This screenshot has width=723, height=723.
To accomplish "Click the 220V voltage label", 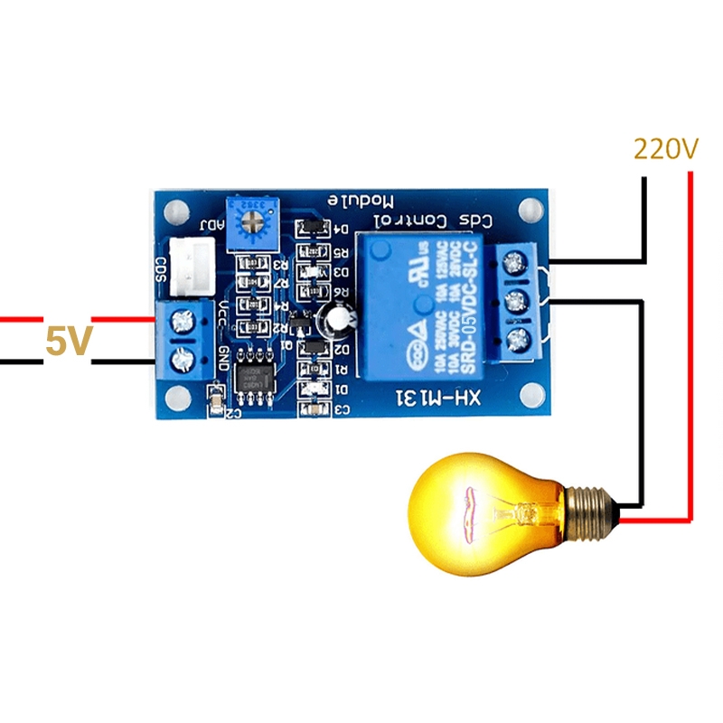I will tap(666, 148).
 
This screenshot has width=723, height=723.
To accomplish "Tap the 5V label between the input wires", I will tap(69, 343).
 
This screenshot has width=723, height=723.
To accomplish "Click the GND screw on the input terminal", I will tap(186, 358).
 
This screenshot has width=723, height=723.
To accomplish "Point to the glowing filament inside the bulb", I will tap(472, 511).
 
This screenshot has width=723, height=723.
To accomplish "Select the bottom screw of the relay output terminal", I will tap(515, 341).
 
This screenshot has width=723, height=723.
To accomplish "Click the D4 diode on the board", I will tap(313, 228).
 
